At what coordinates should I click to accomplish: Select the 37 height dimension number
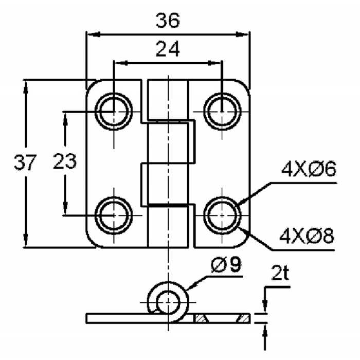tap(25, 163)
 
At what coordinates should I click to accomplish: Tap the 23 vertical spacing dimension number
tap(65, 161)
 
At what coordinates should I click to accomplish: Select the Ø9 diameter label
tap(225, 265)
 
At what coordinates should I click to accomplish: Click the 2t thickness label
tap(280, 273)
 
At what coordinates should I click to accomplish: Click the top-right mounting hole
tap(221, 111)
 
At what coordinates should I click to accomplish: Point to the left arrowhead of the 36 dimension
tap(91, 34)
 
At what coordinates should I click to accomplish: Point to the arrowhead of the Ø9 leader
tap(189, 287)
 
